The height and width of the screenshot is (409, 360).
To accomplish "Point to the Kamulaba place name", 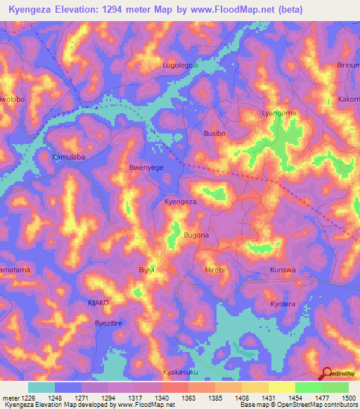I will pyautogui.click(x=69, y=157).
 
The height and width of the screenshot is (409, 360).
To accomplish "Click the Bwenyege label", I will pyautogui.click(x=146, y=169).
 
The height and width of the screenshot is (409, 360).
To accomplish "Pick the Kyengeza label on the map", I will pyautogui.click(x=180, y=202).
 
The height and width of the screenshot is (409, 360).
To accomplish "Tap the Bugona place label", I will pyautogui.click(x=196, y=235).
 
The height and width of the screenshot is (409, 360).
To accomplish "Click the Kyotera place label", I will pyautogui.click(x=285, y=304).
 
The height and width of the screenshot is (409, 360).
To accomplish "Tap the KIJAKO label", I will pyautogui.click(x=98, y=302).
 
